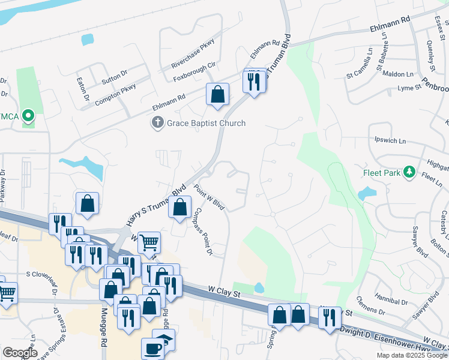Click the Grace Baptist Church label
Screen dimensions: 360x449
point(206,123)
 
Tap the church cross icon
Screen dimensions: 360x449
point(157,123)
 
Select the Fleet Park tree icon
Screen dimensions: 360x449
point(410,172)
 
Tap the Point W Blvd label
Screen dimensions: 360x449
point(209,196)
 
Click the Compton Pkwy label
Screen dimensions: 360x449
point(115,94)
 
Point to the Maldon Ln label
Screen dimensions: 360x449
point(398,74)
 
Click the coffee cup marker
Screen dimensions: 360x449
point(152,348)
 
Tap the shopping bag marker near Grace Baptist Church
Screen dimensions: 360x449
point(217,94)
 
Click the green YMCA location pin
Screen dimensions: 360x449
point(28,115)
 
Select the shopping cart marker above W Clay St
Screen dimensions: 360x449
point(149,243)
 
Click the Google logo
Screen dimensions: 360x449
point(20,353)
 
